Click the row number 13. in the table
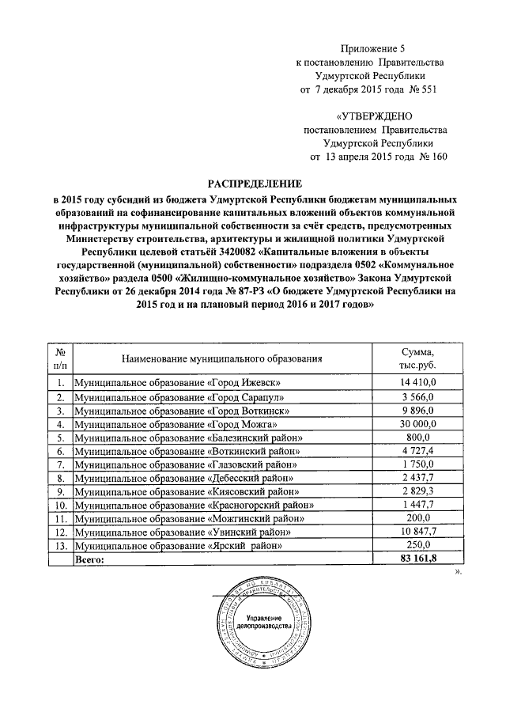pyautogui.click(x=59, y=547)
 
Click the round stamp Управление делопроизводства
pyautogui.click(x=259, y=623)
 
